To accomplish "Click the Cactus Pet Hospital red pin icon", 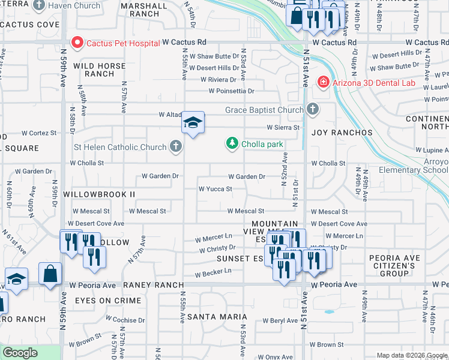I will pyautogui.click(x=77, y=43).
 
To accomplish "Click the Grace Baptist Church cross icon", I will pyautogui.click(x=312, y=110).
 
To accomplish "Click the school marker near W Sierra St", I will pyautogui.click(x=193, y=124).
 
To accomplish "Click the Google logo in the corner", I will pyautogui.click(x=20, y=353).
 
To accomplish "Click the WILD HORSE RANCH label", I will pyautogui.click(x=100, y=70).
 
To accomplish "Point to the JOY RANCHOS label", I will pyautogui.click(x=342, y=133).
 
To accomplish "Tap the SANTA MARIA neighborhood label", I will pyautogui.click(x=217, y=316).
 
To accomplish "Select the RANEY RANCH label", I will pyautogui.click(x=150, y=286).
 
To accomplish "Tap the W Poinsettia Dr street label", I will pyautogui.click(x=232, y=91).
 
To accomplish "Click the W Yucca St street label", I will pyautogui.click(x=215, y=189).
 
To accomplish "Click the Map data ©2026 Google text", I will pyautogui.click(x=412, y=355).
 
